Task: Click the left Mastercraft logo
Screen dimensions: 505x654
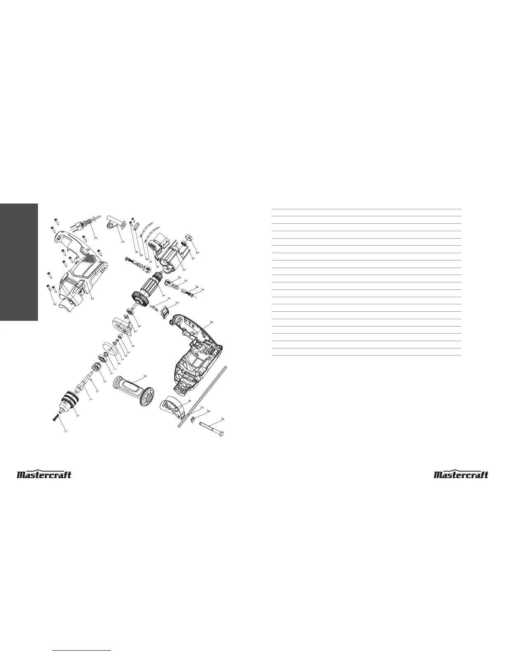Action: [44, 475]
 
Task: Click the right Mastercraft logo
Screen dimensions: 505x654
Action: [461, 475]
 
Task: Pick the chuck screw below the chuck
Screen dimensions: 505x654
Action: [55, 418]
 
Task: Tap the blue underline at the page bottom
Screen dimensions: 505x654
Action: [82, 651]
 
